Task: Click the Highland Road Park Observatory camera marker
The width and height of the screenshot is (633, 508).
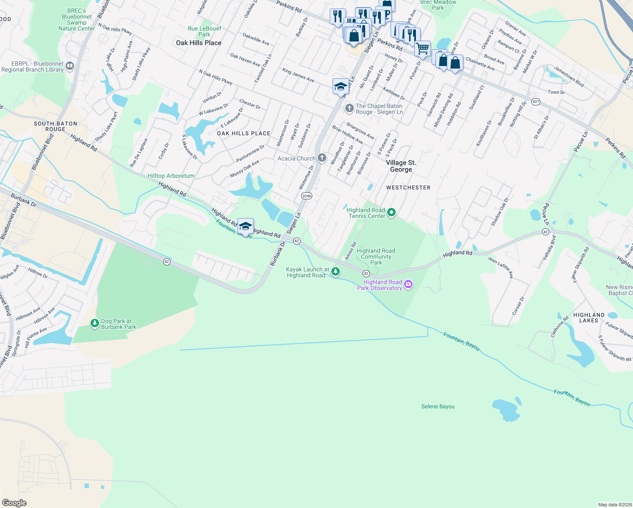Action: (408, 284)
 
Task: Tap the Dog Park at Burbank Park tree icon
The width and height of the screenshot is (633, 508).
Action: (94, 323)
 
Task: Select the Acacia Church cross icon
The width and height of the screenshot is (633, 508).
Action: (322, 158)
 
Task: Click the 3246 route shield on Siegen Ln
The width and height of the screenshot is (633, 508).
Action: (307, 196)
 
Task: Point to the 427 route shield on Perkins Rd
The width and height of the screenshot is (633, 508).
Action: (536, 102)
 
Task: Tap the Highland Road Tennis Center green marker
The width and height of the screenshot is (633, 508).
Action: (391, 213)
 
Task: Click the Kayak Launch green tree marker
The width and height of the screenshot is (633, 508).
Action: (336, 271)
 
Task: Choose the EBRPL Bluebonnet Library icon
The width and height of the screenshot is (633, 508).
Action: (70, 66)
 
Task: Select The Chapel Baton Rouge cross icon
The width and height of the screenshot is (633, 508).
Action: (349, 108)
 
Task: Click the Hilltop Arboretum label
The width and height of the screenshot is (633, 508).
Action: (171, 176)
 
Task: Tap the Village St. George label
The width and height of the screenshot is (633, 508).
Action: (401, 166)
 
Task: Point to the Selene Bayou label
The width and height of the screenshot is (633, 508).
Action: (438, 406)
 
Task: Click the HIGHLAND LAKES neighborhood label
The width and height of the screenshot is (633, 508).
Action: (589, 317)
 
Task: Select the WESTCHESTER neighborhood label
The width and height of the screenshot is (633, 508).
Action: (408, 188)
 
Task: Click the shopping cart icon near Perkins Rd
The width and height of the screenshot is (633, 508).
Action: (422, 49)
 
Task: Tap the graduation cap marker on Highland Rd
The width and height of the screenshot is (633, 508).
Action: (245, 226)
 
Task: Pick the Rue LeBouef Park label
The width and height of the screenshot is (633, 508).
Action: (204, 31)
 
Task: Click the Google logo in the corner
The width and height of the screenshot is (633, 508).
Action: (14, 503)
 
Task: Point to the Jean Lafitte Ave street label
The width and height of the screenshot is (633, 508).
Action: (501, 268)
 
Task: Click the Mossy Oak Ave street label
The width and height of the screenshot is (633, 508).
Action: (245, 169)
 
